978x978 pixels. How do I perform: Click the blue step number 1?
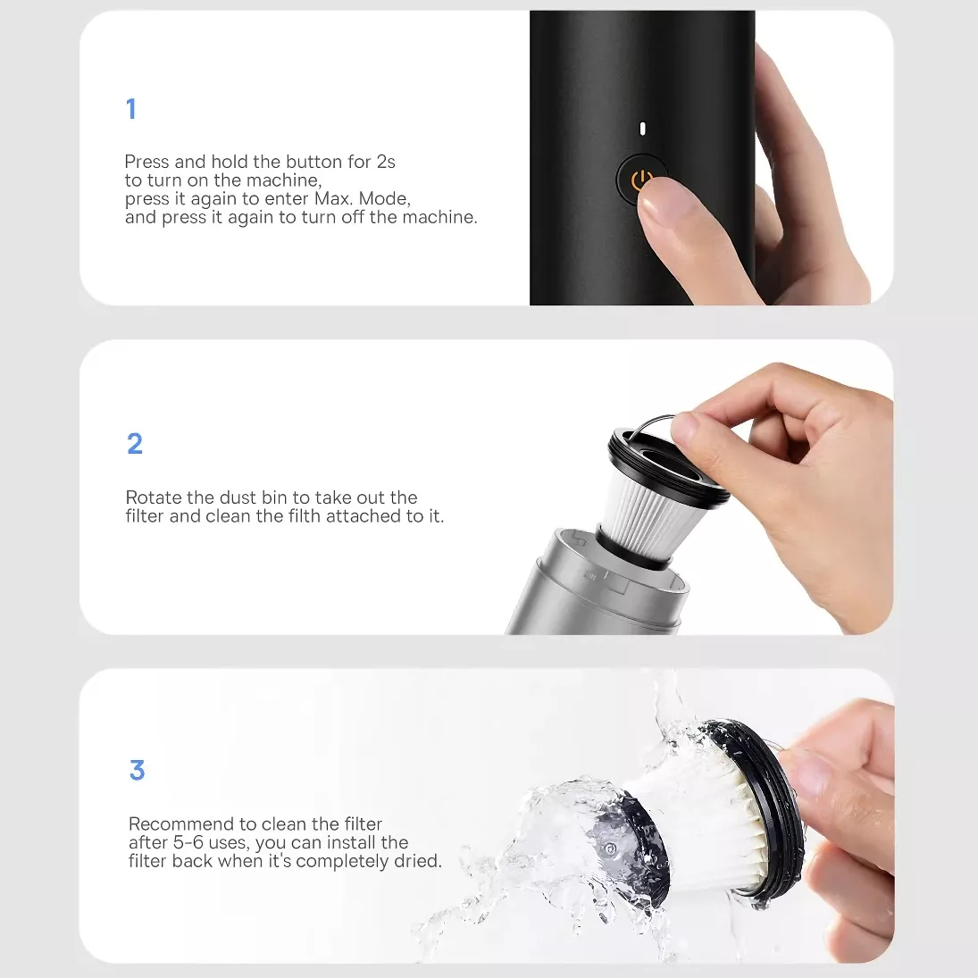[131, 109]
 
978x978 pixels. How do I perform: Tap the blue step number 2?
[135, 444]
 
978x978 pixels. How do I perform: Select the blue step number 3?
[138, 770]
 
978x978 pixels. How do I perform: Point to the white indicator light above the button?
[642, 129]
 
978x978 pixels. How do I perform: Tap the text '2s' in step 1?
[386, 162]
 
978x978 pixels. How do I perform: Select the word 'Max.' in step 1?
[334, 198]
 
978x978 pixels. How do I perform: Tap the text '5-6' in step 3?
[188, 842]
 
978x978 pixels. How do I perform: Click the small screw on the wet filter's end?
[609, 848]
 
